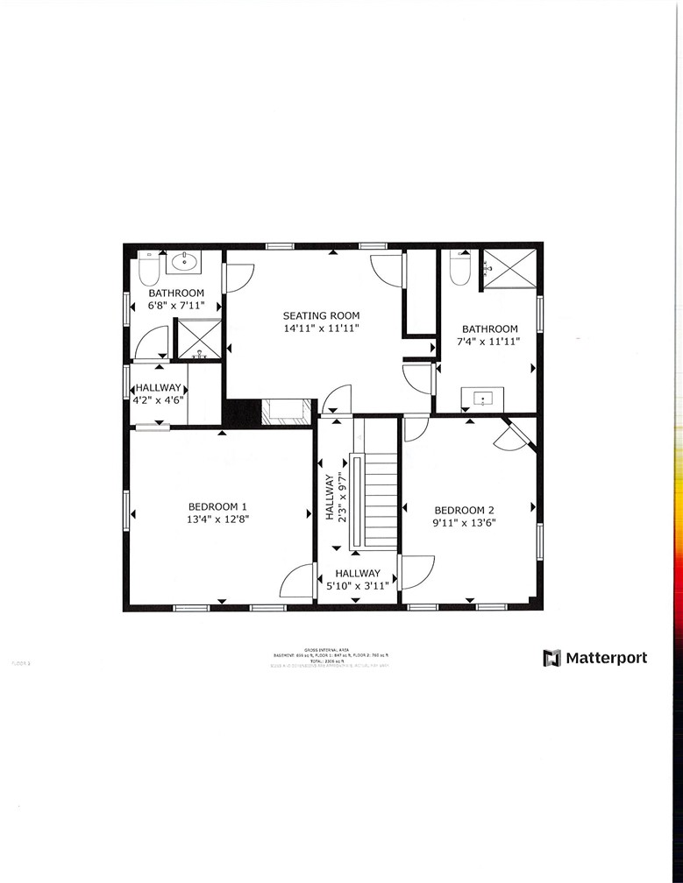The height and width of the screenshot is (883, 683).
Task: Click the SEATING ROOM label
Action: pyautogui.click(x=320, y=315)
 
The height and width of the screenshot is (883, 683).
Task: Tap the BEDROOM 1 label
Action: pyautogui.click(x=217, y=506)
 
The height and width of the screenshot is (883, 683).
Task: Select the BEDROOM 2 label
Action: pyautogui.click(x=465, y=510)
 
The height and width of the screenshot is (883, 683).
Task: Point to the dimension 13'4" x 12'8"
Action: pyautogui.click(x=217, y=519)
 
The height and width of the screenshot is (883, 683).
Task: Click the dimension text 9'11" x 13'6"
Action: pyautogui.click(x=465, y=523)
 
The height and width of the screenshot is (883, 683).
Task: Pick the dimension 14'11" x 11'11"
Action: pyautogui.click(x=320, y=328)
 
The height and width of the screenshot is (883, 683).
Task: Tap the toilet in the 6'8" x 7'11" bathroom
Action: pyautogui.click(x=148, y=267)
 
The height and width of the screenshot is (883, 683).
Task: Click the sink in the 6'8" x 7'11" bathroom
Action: pyautogui.click(x=185, y=261)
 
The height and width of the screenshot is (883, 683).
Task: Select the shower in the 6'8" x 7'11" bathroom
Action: pyautogui.click(x=199, y=338)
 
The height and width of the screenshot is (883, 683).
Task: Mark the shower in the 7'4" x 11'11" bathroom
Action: pyautogui.click(x=509, y=268)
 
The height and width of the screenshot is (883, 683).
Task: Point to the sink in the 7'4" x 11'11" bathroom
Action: pyautogui.click(x=483, y=399)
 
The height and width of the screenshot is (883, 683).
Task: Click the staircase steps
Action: pyautogui.click(x=381, y=502)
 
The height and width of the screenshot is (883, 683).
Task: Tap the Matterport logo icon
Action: pyautogui.click(x=551, y=658)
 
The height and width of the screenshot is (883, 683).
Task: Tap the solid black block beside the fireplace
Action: pyautogui.click(x=243, y=413)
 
